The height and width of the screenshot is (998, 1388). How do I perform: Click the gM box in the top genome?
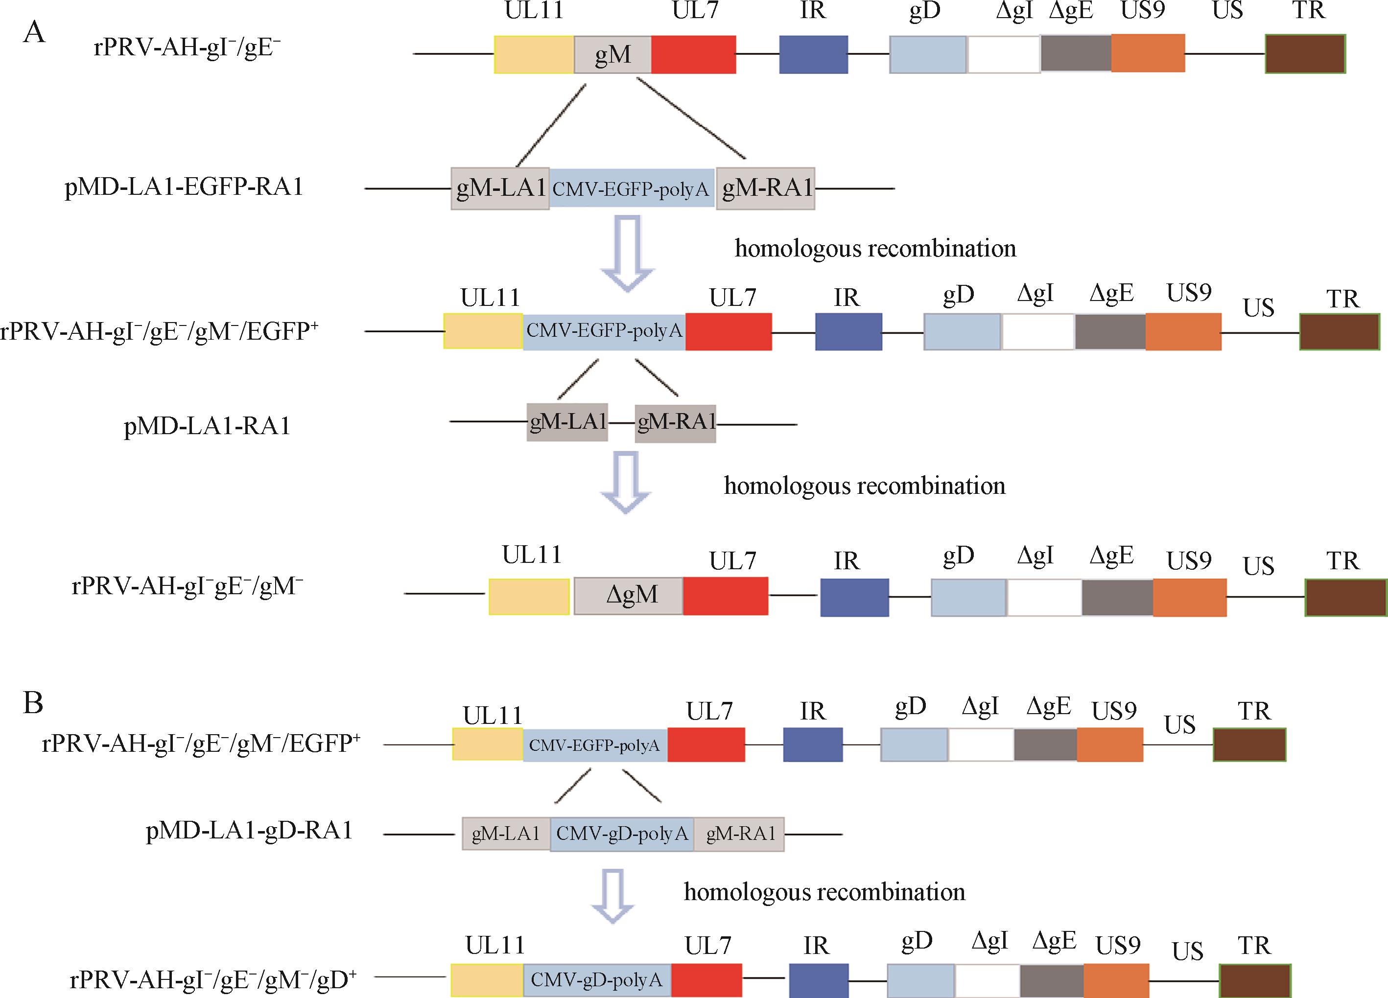tap(612, 54)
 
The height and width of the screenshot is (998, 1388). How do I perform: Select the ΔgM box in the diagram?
tap(629, 595)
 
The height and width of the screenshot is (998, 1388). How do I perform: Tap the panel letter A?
tap(34, 32)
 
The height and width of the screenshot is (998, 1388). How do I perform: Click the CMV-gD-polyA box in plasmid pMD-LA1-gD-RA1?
tap(622, 834)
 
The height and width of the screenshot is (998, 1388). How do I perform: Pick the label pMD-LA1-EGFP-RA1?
tap(184, 186)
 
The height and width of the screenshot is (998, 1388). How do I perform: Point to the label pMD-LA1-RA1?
tap(207, 426)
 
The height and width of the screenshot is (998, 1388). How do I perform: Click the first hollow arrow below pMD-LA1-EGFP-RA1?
tap(627, 252)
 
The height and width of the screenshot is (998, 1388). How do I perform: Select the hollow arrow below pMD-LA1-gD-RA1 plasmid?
tap(612, 895)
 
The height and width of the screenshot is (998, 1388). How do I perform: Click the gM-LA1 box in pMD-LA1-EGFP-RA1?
tap(500, 188)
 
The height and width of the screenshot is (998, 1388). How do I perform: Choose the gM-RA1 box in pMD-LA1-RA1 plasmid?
tap(675, 423)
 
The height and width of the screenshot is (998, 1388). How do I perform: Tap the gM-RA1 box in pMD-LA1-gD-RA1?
tap(739, 834)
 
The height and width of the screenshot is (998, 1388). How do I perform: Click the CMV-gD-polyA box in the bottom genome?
tap(597, 980)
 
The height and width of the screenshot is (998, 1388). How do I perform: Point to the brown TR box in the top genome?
tap(1305, 54)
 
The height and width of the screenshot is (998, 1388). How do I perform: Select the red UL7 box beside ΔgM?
tap(725, 596)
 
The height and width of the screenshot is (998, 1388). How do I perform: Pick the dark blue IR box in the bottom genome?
tap(818, 980)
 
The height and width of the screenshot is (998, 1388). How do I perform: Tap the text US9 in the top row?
tap(1143, 10)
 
